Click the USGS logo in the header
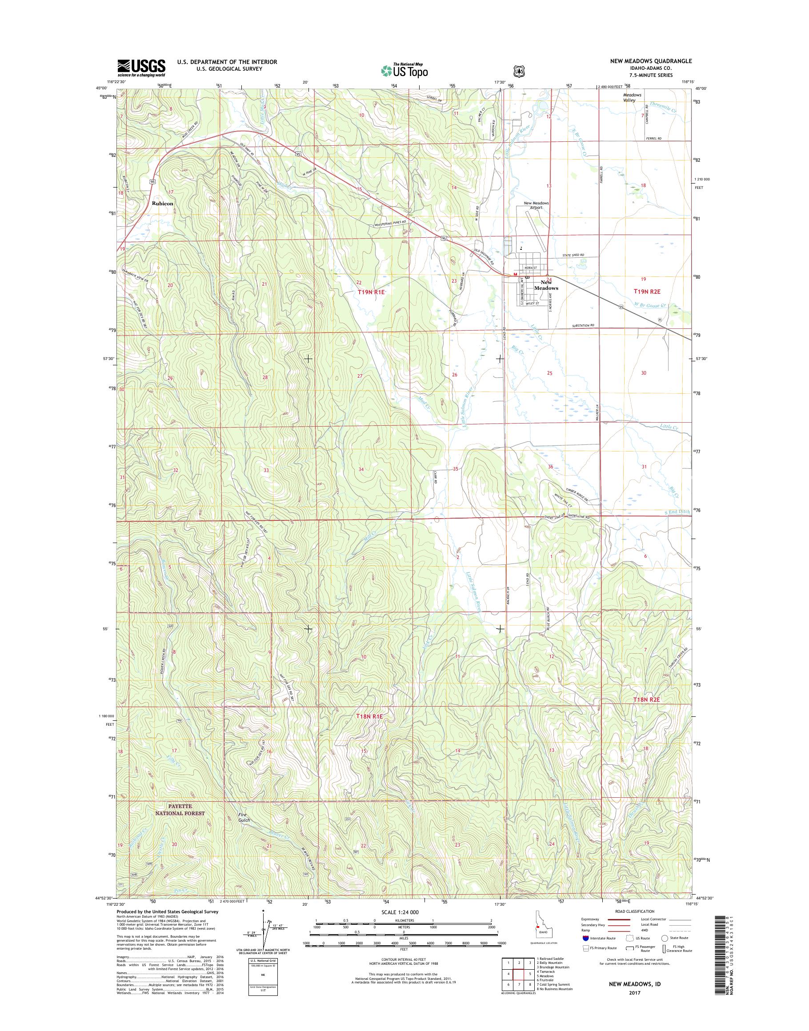tap(141, 68)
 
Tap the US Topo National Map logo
tap(404, 70)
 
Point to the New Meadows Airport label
tap(536, 205)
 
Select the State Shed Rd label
tap(573, 255)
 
